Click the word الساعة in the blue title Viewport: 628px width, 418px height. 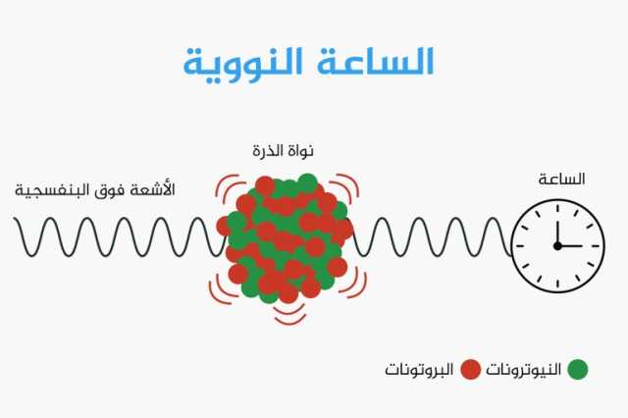[375, 61]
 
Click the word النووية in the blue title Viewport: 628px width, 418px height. [243, 63]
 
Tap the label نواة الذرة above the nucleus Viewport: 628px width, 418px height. [283, 151]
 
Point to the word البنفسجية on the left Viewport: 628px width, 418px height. [52, 190]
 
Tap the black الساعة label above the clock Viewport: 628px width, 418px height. [561, 179]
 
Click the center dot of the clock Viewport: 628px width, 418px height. [557, 246]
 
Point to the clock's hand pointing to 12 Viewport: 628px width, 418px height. [557, 233]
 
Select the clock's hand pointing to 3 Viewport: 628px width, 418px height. [570, 246]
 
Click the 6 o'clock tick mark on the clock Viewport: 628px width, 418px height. [557, 284]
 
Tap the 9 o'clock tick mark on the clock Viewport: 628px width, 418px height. [520, 246]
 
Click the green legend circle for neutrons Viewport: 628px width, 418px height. [578, 369]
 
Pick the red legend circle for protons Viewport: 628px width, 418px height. [470, 369]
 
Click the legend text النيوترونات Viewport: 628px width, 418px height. [523, 369]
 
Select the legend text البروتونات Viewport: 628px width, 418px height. [419, 369]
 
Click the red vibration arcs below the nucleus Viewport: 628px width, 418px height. [290, 316]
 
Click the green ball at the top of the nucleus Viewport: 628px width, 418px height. [307, 183]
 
